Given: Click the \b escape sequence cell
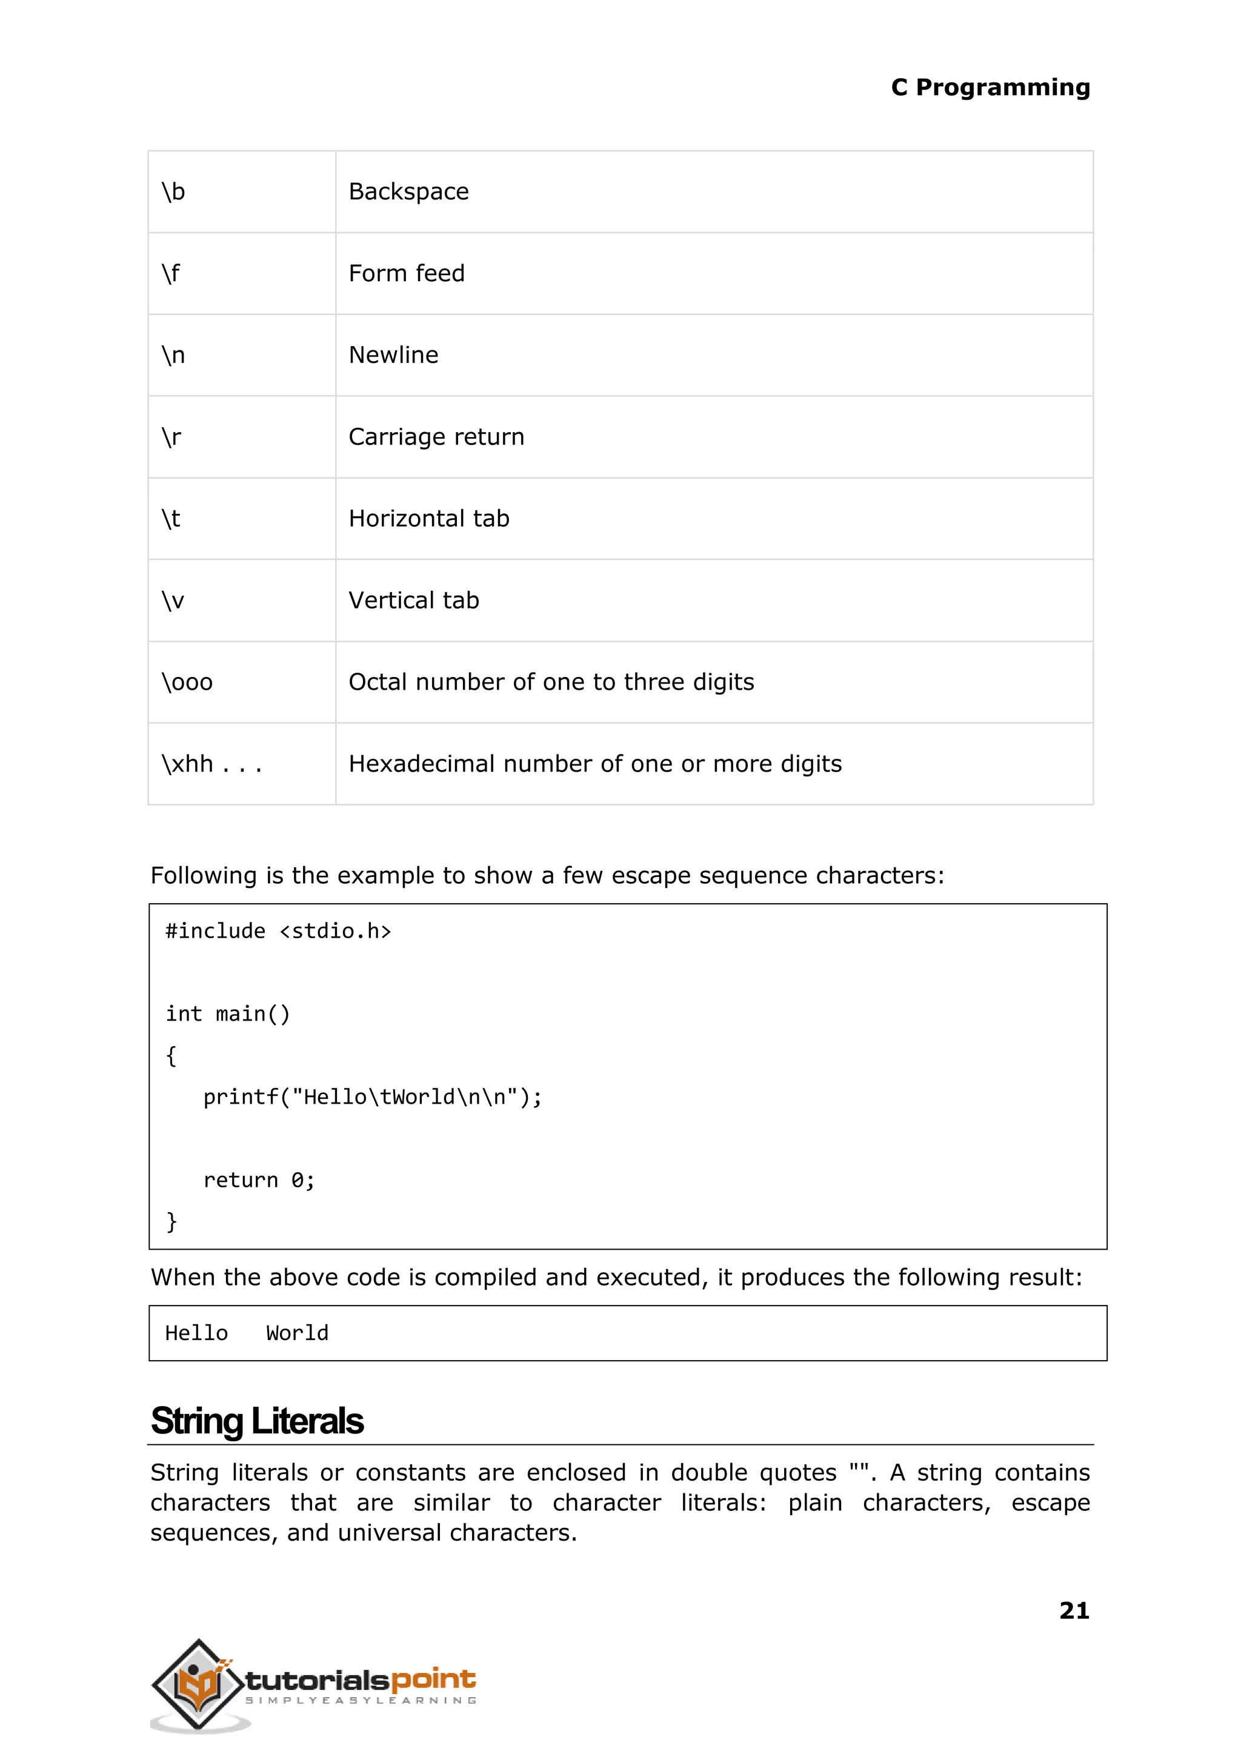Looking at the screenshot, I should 173,192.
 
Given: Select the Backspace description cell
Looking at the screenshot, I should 409,192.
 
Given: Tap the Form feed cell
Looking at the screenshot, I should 407,273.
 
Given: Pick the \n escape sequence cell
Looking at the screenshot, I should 173,355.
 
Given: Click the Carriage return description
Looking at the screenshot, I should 436,437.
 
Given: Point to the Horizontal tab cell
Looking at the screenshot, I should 428,519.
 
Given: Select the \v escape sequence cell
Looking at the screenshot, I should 173,601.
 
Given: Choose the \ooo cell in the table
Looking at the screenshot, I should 187,682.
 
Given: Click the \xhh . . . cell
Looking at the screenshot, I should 211,764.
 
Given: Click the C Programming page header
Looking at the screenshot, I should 990,88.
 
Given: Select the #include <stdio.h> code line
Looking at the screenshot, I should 278,932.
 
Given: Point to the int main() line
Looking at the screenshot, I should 228,1014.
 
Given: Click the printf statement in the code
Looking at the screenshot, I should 372,1098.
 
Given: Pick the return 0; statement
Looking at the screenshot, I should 259,1181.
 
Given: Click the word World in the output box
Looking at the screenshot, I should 298,1333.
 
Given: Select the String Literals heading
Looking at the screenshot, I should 258,1421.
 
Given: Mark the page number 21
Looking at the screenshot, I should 1074,1611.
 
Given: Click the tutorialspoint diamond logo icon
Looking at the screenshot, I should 199,1684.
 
